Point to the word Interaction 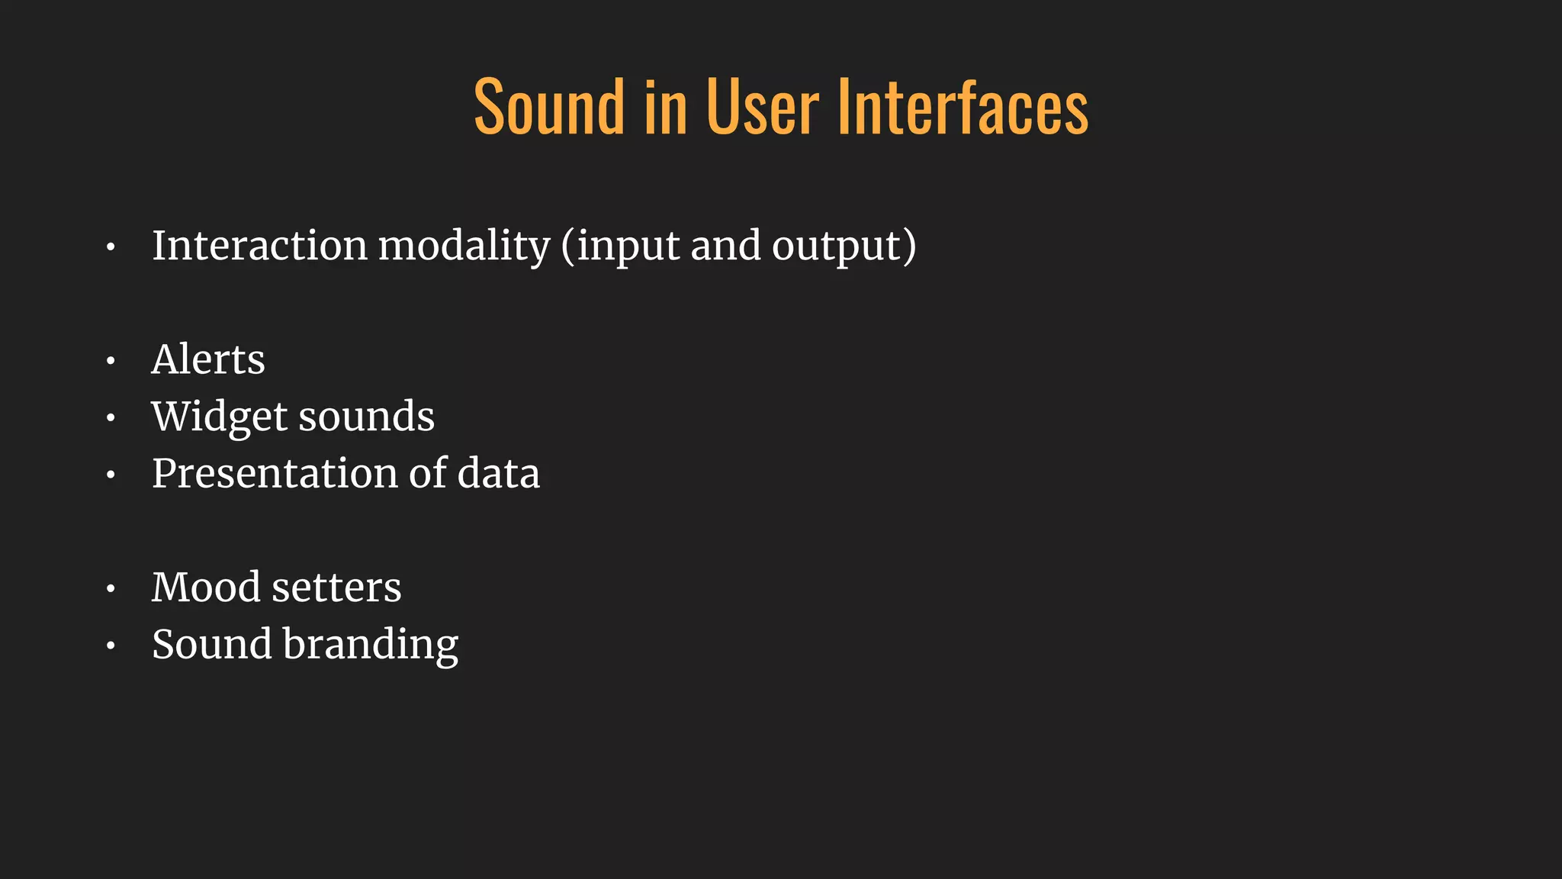pyautogui.click(x=259, y=246)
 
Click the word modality pyautogui.click(x=464, y=247)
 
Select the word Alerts pyautogui.click(x=208, y=359)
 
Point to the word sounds pyautogui.click(x=366, y=417)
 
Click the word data pyautogui.click(x=499, y=473)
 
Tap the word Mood pyautogui.click(x=206, y=587)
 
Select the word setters pyautogui.click(x=336, y=588)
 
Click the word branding pyautogui.click(x=371, y=645)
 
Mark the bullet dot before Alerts pyautogui.click(x=111, y=361)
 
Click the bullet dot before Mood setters pyautogui.click(x=111, y=589)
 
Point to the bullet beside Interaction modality pyautogui.click(x=111, y=247)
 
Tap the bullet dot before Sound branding pyautogui.click(x=111, y=646)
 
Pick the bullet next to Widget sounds pyautogui.click(x=111, y=418)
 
